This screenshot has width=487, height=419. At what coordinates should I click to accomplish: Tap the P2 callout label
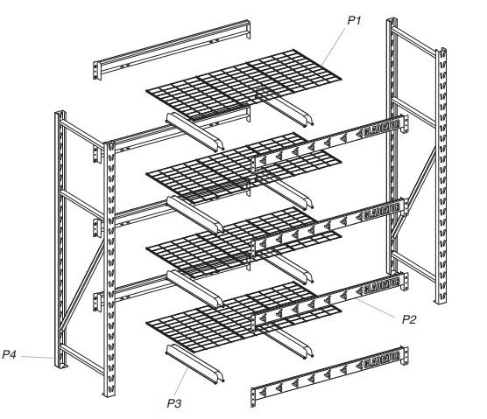tap(409, 319)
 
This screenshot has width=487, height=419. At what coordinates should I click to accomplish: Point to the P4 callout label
tap(11, 354)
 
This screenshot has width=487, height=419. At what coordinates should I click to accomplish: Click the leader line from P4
tap(39, 357)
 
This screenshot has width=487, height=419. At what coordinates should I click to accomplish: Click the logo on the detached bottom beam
tap(385, 358)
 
